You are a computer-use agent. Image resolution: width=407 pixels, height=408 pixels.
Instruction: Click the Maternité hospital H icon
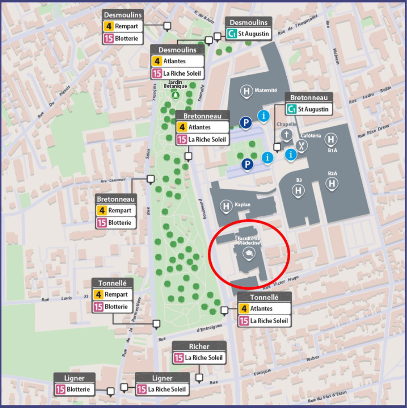point(246,92)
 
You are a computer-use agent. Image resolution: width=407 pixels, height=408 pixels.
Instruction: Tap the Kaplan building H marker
point(226,206)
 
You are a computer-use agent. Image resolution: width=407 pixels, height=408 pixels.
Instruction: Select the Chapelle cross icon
point(286,135)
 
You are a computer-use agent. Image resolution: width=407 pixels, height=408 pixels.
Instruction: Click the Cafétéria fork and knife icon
point(302,146)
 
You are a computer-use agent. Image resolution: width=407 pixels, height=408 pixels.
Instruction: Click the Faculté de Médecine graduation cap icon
point(247,254)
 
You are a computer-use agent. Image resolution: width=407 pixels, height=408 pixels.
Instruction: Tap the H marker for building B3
point(298,190)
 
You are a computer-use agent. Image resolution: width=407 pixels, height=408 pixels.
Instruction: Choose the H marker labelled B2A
point(332,183)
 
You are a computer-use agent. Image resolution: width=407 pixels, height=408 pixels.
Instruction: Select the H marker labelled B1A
point(331,139)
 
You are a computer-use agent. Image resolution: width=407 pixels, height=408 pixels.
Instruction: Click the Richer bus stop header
point(199,346)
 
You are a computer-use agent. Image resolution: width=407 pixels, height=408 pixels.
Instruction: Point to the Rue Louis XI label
point(62,298)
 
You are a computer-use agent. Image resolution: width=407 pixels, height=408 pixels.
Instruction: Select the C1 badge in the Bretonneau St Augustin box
point(291,109)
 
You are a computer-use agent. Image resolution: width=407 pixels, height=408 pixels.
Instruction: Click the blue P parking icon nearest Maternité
point(245,123)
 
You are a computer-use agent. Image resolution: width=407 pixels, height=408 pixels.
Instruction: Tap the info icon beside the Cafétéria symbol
point(291,154)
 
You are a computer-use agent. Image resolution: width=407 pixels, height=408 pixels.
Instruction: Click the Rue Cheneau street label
point(113,180)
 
